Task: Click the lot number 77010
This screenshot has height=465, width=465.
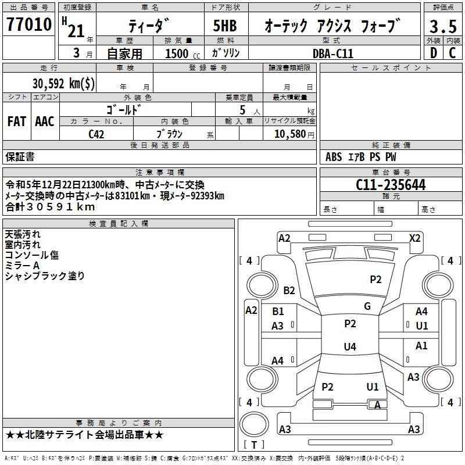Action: (30, 26)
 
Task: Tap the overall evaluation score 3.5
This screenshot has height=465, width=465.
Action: (442, 27)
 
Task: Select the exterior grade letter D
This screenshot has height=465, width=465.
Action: (432, 53)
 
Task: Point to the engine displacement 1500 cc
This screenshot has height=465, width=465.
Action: (178, 53)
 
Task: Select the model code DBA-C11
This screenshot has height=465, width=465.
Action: (333, 53)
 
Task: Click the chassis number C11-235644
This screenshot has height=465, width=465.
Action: (391, 185)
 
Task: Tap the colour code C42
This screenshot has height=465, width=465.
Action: (96, 134)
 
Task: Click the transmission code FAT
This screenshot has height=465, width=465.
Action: (17, 121)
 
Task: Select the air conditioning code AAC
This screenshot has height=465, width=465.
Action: (45, 121)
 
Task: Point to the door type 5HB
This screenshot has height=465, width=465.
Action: (226, 27)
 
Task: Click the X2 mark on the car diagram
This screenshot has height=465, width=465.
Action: (415, 238)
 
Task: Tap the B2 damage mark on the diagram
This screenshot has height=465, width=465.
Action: (289, 290)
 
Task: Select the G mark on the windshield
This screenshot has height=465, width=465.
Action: (367, 306)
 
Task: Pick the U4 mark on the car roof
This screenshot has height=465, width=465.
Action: (349, 347)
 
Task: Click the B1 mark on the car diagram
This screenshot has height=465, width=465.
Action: (278, 312)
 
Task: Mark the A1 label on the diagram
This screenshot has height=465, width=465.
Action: (421, 346)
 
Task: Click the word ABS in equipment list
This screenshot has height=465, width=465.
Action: (334, 157)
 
